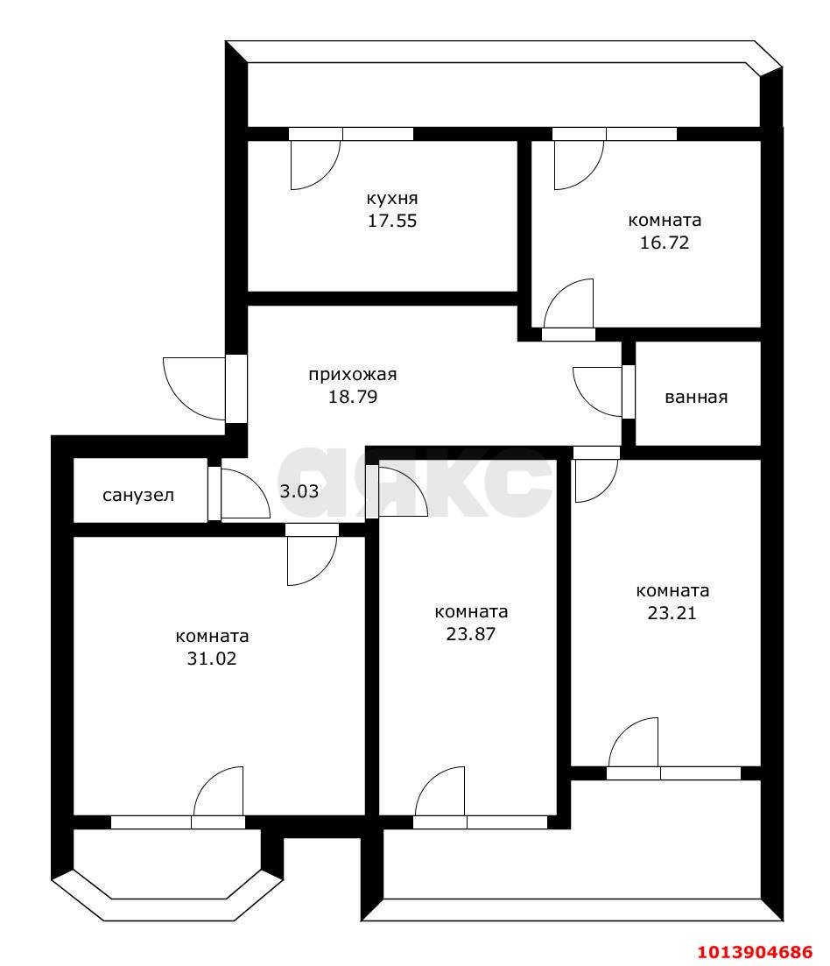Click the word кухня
click(x=392, y=199)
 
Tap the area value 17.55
click(x=392, y=221)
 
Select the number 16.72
click(x=665, y=243)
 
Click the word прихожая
click(x=352, y=375)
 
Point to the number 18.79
click(x=353, y=397)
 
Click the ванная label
click(x=696, y=398)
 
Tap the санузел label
click(x=138, y=496)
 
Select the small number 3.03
click(x=299, y=491)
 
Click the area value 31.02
click(x=212, y=659)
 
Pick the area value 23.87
click(x=471, y=634)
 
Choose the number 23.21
click(x=672, y=613)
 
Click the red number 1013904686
click(x=755, y=952)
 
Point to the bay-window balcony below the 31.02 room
click(x=167, y=876)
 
